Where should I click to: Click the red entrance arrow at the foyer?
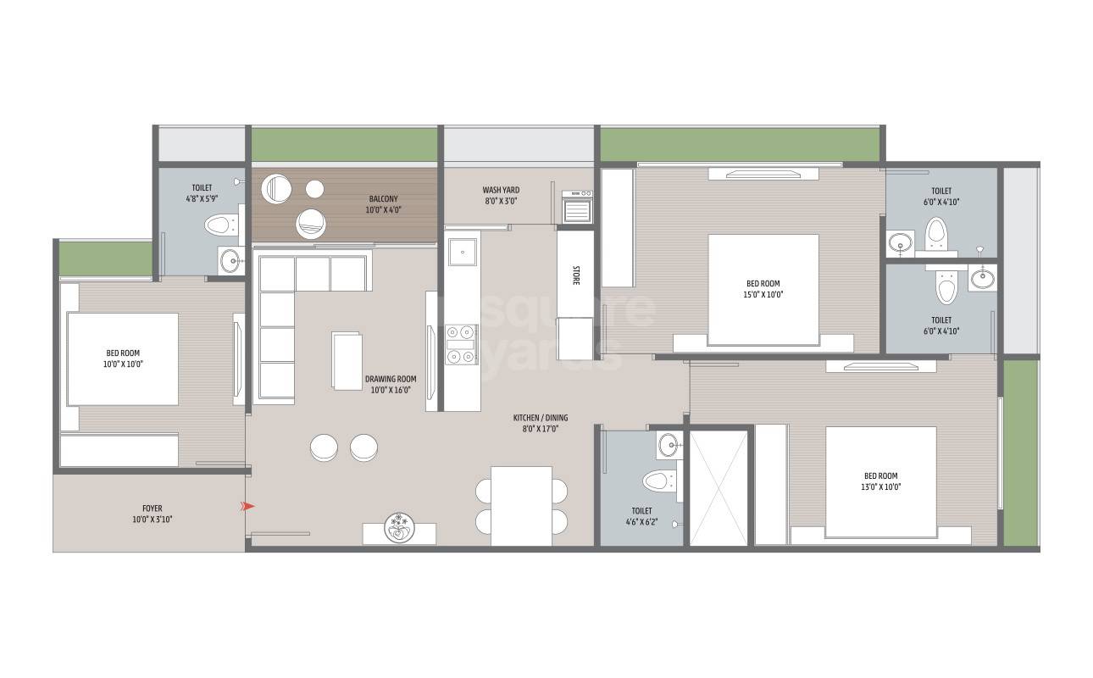248,507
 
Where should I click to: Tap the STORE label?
575,275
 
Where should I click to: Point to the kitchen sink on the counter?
463,250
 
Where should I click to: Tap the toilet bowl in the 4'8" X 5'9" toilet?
220,226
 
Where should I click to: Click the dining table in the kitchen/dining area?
521,505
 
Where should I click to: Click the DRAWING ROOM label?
391,385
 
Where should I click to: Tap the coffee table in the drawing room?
346,360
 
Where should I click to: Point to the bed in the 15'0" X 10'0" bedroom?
763,289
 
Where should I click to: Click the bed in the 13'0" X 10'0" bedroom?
880,481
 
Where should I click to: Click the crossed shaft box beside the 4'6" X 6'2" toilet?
718,487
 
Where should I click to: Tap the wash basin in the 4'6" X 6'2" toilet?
669,444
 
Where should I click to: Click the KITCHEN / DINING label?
541,423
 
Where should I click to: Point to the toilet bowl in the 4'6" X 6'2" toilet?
657,482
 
